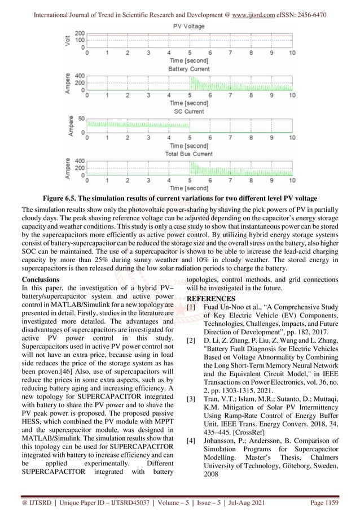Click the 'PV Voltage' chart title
point(188,26)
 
